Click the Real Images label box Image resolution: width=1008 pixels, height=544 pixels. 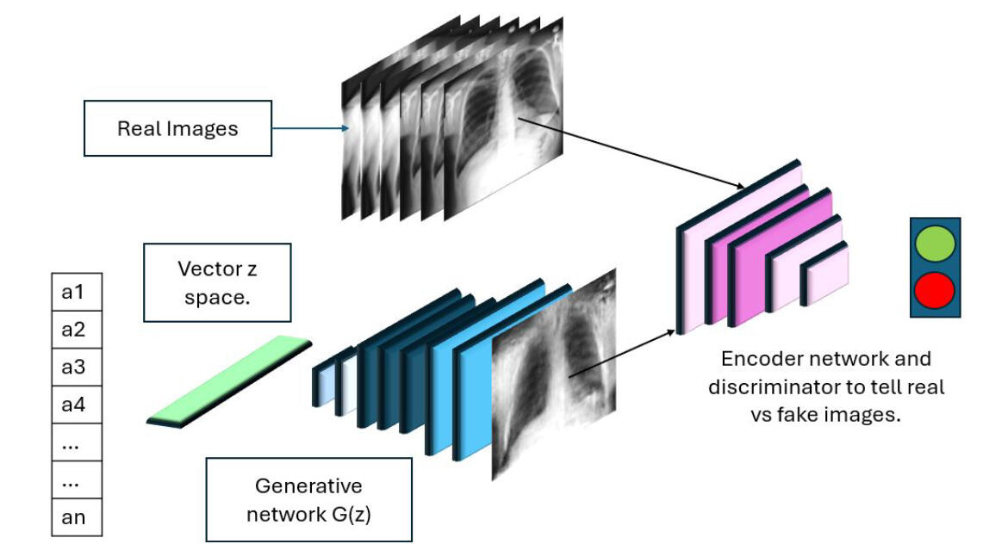point(177,127)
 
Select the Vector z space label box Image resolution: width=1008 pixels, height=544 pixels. point(217,282)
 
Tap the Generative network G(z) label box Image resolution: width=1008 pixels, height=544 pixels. point(308,500)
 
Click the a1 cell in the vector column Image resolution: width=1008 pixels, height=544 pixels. point(77,293)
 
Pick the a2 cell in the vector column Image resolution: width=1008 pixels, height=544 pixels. point(77,330)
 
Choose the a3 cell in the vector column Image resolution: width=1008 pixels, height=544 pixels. point(77,367)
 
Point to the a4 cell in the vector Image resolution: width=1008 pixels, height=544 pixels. point(77,405)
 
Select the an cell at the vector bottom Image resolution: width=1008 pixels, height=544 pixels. point(77,517)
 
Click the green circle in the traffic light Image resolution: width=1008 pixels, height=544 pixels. point(935,244)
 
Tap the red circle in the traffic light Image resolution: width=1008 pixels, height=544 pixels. point(935,290)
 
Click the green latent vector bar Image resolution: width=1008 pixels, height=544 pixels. point(229,381)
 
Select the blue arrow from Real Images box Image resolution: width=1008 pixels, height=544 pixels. point(310,127)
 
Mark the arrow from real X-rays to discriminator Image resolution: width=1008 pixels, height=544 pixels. point(632,153)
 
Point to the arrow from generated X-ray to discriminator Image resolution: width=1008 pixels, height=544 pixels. point(622,353)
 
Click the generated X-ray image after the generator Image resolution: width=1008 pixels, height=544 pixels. point(553,374)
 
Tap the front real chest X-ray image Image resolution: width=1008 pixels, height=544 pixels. point(503,119)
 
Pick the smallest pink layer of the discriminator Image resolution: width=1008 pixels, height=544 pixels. point(825,275)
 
